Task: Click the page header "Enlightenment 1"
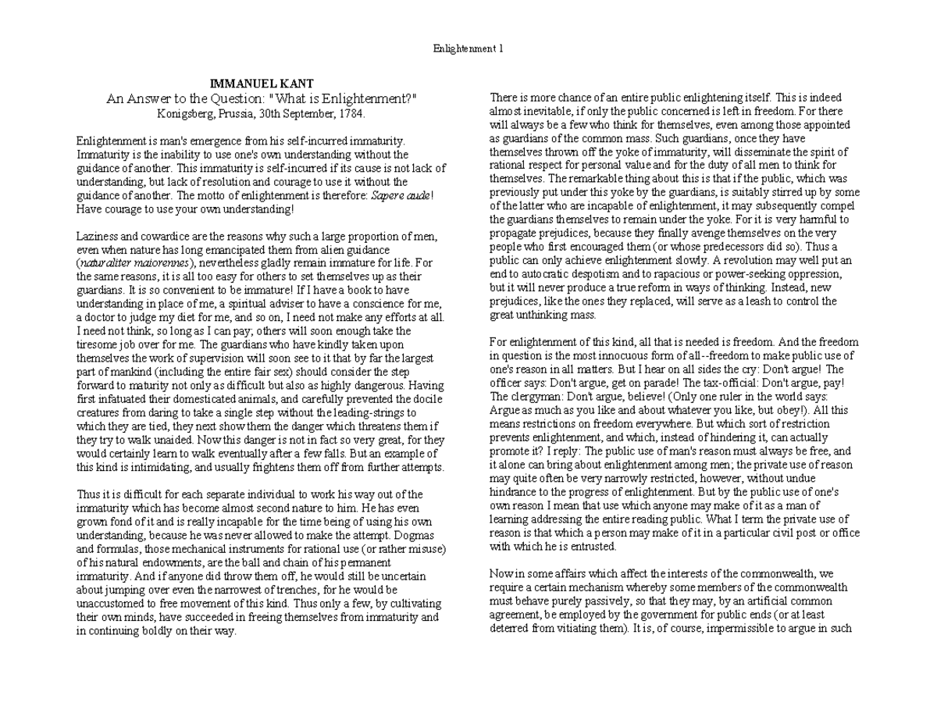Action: tap(468, 48)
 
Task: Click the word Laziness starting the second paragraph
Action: tap(98, 236)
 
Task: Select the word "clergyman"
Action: tap(531, 396)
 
